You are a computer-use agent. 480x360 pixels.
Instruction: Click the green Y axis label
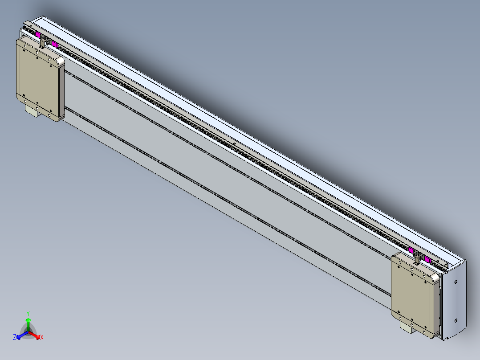28,313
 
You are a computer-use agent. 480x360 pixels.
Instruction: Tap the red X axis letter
42,338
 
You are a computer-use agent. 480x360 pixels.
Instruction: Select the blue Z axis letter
15,338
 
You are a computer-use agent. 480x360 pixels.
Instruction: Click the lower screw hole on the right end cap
456,320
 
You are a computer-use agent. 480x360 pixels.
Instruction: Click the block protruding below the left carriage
32,111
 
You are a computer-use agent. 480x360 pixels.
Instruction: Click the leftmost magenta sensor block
38,35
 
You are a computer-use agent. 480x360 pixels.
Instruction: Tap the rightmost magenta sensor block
427,259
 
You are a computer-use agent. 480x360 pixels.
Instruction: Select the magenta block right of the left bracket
55,44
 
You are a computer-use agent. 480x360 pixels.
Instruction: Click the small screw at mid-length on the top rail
234,143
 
